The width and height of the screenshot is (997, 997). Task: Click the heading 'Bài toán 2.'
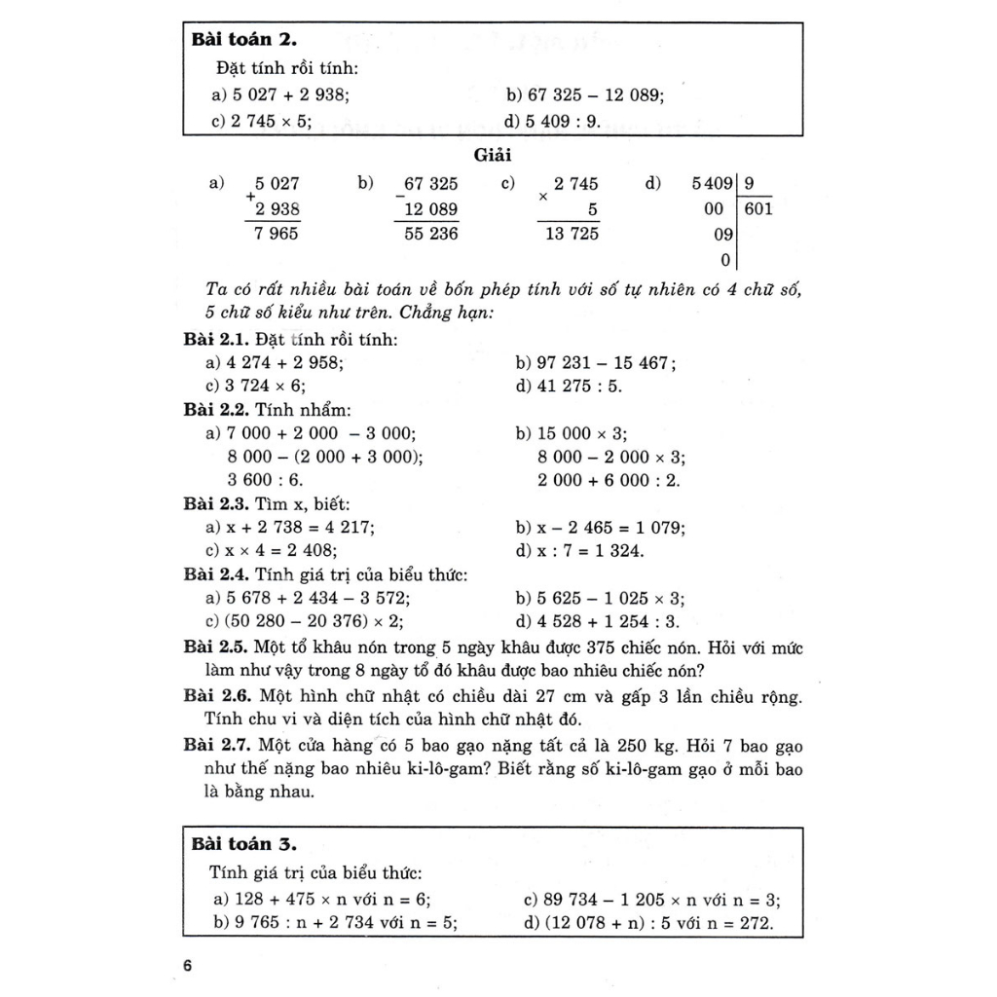click(x=243, y=40)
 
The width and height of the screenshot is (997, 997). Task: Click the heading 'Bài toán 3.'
click(x=243, y=843)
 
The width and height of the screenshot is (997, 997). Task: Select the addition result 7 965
click(x=277, y=234)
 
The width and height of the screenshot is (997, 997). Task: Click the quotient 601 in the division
click(x=757, y=208)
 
